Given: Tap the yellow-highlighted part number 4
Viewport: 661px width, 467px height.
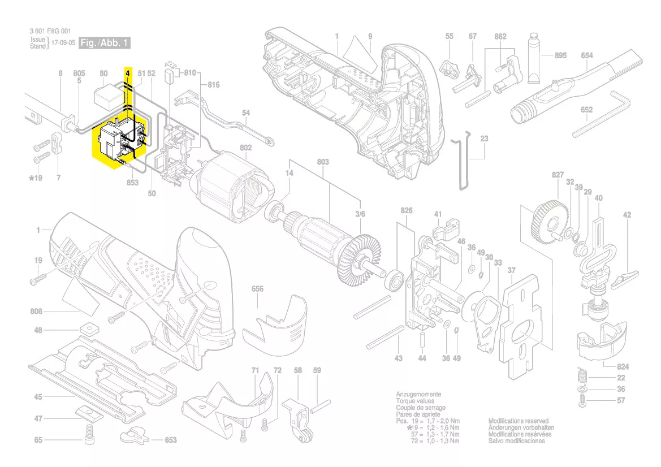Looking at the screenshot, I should (x=128, y=73).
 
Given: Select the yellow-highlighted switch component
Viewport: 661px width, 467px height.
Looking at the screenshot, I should (x=120, y=141).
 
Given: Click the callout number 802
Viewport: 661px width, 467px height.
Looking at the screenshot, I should (x=245, y=148).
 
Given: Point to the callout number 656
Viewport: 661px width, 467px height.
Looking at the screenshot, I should (x=257, y=289).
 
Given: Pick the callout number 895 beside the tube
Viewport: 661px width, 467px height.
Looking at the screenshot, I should (x=560, y=55).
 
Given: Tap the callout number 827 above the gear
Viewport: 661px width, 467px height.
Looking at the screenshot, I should (x=558, y=176).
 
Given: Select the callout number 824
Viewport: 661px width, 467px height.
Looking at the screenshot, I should (x=623, y=366).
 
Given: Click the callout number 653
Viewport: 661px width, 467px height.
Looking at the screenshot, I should (x=170, y=440).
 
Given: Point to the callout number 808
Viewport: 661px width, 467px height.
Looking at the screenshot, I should (x=38, y=312).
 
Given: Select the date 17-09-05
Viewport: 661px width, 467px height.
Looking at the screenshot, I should (x=63, y=43).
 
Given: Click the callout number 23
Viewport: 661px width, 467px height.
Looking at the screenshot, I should (x=484, y=139).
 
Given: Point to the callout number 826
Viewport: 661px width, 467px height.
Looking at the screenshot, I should (x=407, y=211).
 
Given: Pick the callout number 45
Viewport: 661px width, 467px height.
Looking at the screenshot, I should (x=38, y=397).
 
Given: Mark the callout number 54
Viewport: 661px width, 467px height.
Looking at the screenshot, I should (x=245, y=113).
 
